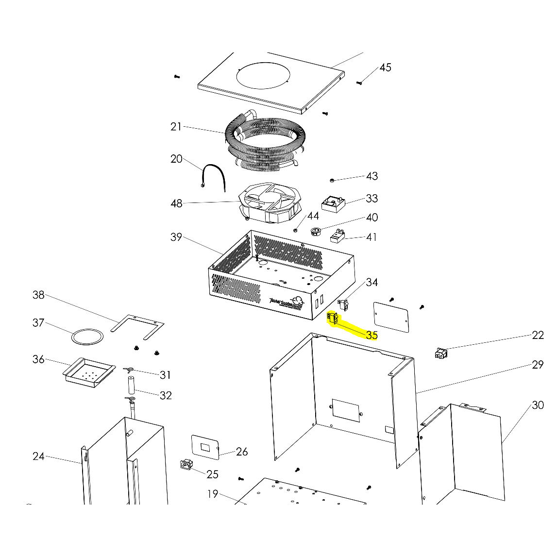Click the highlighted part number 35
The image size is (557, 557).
pos(372,335)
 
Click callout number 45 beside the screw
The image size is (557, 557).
pos(385,68)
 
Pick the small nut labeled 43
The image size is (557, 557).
pos(331,180)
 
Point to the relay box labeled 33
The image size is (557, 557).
pos(334,203)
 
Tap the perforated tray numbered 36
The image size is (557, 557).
pos(89,373)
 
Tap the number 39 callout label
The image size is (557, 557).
pos(176,237)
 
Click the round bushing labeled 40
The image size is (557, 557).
pos(316,231)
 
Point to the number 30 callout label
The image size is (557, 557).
pos(538,405)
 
